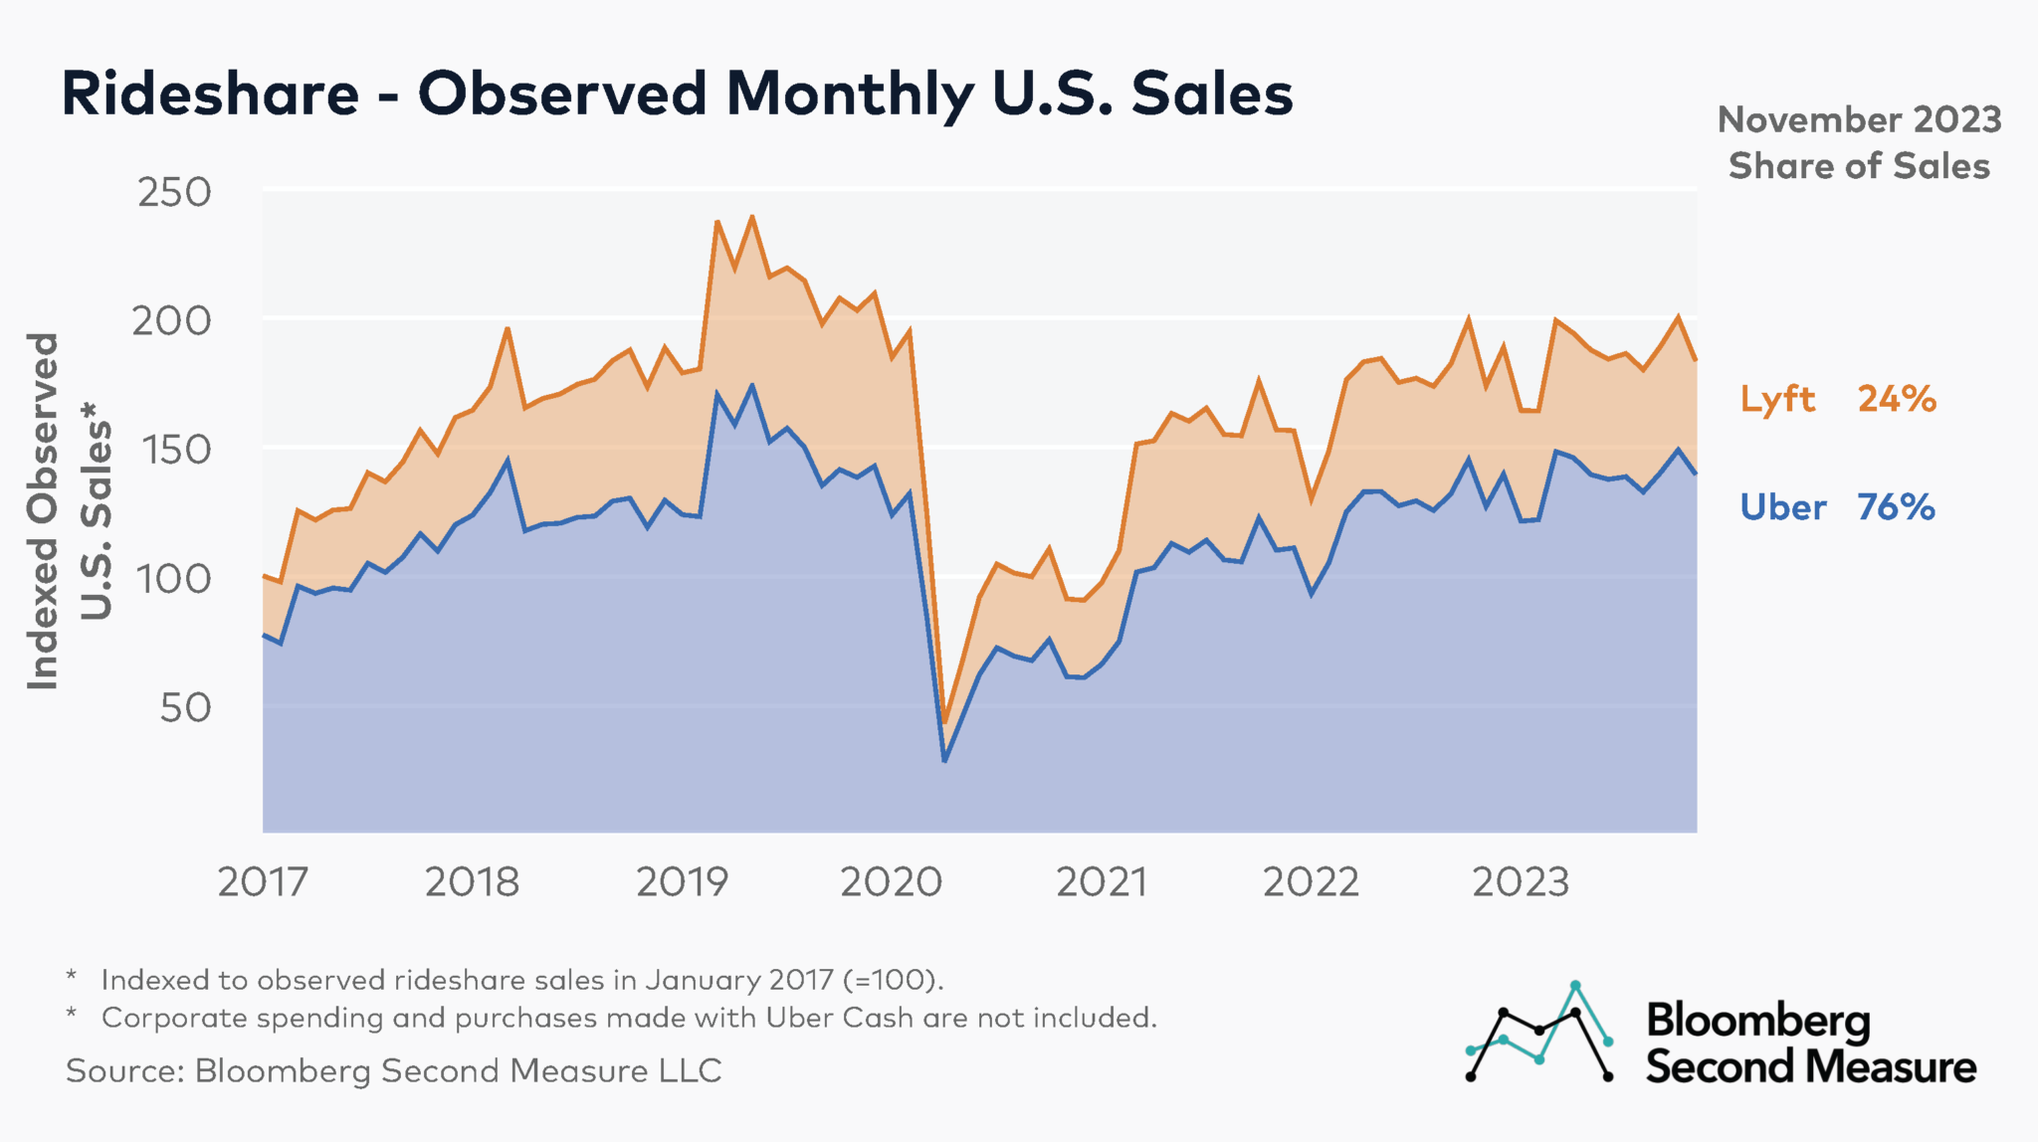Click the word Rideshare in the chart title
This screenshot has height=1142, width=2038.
pyautogui.click(x=210, y=95)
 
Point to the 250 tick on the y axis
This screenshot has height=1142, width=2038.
pyautogui.click(x=174, y=192)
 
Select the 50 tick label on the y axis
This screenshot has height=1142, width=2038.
pyautogui.click(x=185, y=707)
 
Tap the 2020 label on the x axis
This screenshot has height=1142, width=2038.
pyautogui.click(x=891, y=882)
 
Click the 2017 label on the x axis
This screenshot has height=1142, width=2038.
pyautogui.click(x=263, y=882)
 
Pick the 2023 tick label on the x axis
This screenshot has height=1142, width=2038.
pyautogui.click(x=1520, y=882)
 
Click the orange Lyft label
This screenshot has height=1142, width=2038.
pyautogui.click(x=1777, y=399)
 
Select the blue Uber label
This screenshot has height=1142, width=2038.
pyautogui.click(x=1782, y=507)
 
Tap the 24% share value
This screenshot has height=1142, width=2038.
pyautogui.click(x=1896, y=399)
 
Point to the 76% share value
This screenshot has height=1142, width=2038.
pyautogui.click(x=1896, y=507)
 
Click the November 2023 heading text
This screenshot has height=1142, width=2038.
pyautogui.click(x=1859, y=120)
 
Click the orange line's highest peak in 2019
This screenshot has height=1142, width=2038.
pyautogui.click(x=752, y=217)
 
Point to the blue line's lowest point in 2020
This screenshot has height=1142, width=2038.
pyautogui.click(x=944, y=761)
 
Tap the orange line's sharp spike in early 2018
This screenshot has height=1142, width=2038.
pyautogui.click(x=508, y=328)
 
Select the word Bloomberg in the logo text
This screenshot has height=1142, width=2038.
pyautogui.click(x=1757, y=1021)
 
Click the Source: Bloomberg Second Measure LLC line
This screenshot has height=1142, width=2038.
pyautogui.click(x=393, y=1071)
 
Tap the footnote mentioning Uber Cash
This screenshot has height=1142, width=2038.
pyautogui.click(x=629, y=1018)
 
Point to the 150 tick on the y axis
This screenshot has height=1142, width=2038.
pyautogui.click(x=174, y=450)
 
